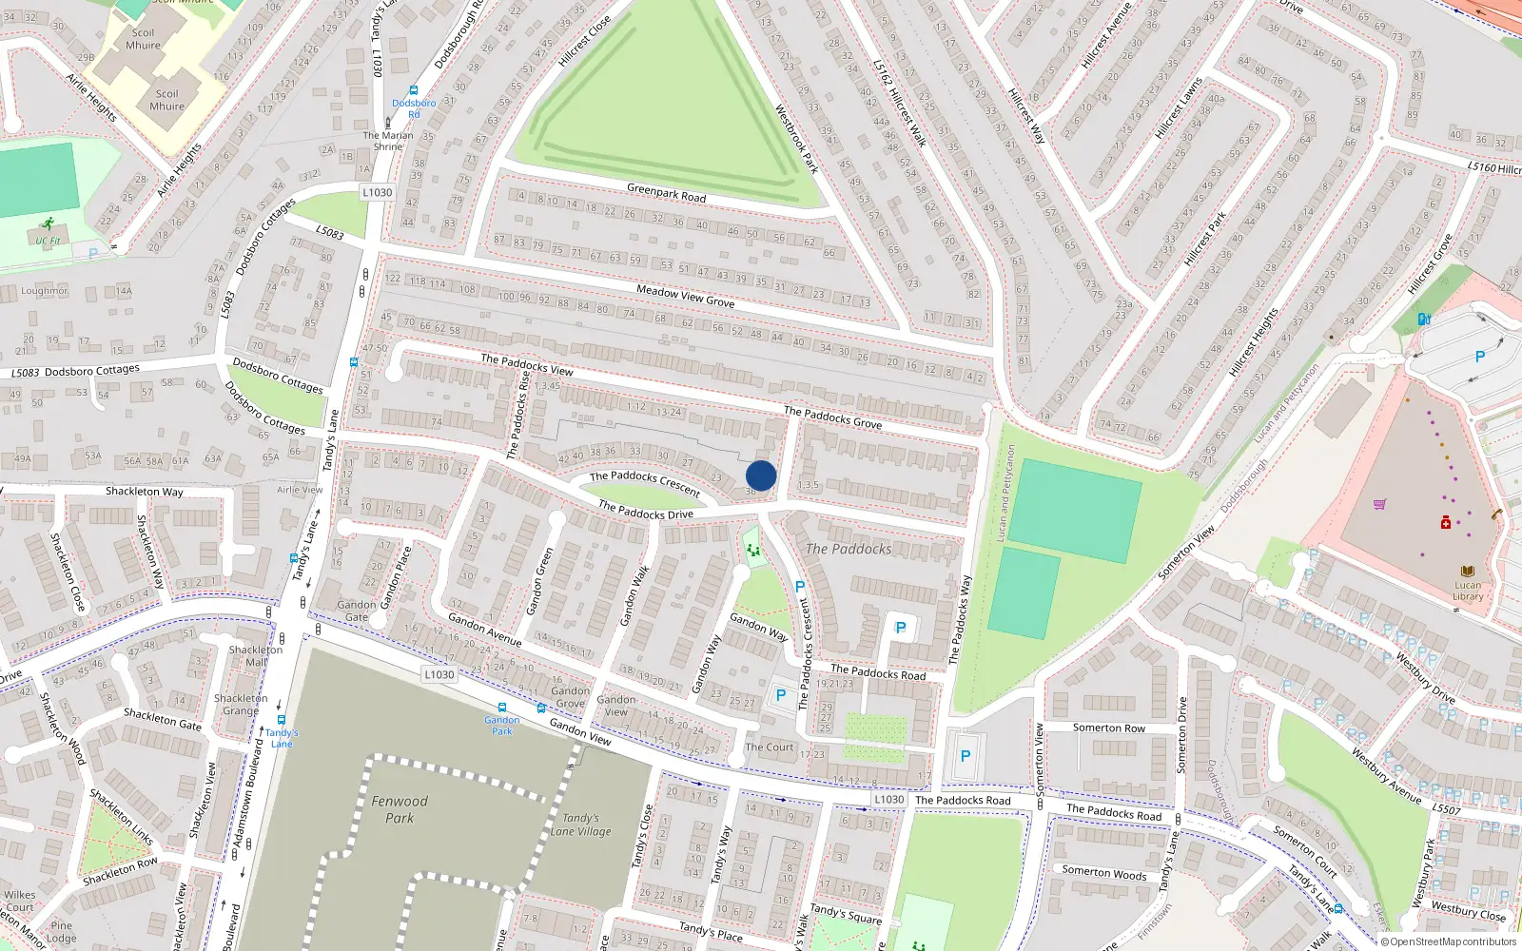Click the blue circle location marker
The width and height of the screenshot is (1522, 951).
click(x=761, y=475)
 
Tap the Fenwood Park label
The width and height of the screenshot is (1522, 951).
click(x=400, y=809)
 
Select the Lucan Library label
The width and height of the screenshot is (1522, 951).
click(x=1468, y=591)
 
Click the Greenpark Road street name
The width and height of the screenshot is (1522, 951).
click(x=666, y=192)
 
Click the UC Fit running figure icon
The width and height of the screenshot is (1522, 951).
click(x=48, y=224)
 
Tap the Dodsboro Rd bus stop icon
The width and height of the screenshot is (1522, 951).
click(x=414, y=91)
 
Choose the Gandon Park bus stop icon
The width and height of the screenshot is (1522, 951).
click(x=502, y=708)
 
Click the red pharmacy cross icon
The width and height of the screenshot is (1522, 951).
click(x=1446, y=522)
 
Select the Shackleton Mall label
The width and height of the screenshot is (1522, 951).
click(x=256, y=655)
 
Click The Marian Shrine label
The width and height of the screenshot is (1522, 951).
click(x=388, y=141)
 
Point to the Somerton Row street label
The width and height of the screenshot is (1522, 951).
click(x=1109, y=728)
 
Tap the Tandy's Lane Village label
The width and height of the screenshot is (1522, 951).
click(x=580, y=825)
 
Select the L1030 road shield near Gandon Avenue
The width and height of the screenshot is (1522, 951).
click(x=439, y=674)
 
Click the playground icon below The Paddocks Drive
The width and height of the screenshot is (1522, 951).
click(x=753, y=550)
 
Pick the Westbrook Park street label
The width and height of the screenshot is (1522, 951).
click(x=796, y=138)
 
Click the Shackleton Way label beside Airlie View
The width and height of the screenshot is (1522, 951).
click(x=145, y=492)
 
